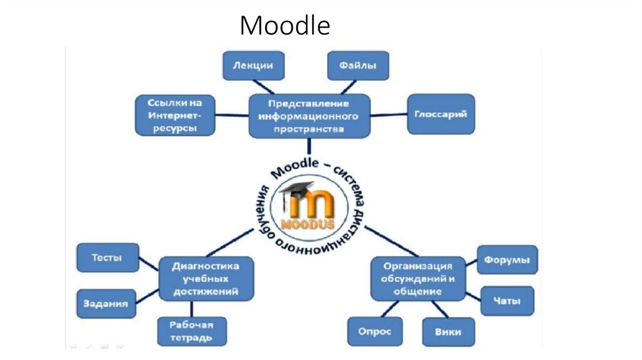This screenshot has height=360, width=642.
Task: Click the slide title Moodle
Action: coord(285,26)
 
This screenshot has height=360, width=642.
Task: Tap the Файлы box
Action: coord(357,66)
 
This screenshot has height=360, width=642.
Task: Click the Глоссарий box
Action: coord(440,114)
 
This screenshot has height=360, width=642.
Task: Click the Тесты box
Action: coord(107,258)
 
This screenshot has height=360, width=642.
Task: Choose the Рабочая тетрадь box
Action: coord(192,331)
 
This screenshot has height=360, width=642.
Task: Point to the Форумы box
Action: coord(508,260)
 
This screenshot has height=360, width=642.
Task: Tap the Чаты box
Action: coord(507,301)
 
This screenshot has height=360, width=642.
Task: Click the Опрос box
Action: coord(375,332)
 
